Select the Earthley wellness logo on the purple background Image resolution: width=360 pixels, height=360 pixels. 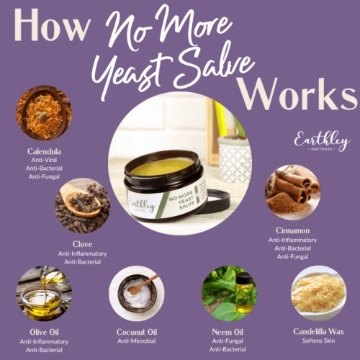pos(321,140)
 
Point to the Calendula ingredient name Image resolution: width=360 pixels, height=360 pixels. pos(44,152)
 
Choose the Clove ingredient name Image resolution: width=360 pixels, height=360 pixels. pos(82,244)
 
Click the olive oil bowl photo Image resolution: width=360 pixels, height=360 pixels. pos(44,293)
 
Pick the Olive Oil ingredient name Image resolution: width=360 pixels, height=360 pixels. pos(44,332)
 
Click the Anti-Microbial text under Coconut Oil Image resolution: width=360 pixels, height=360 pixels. pos(136,341)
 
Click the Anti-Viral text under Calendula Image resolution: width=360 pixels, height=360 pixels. pos(44,161)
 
